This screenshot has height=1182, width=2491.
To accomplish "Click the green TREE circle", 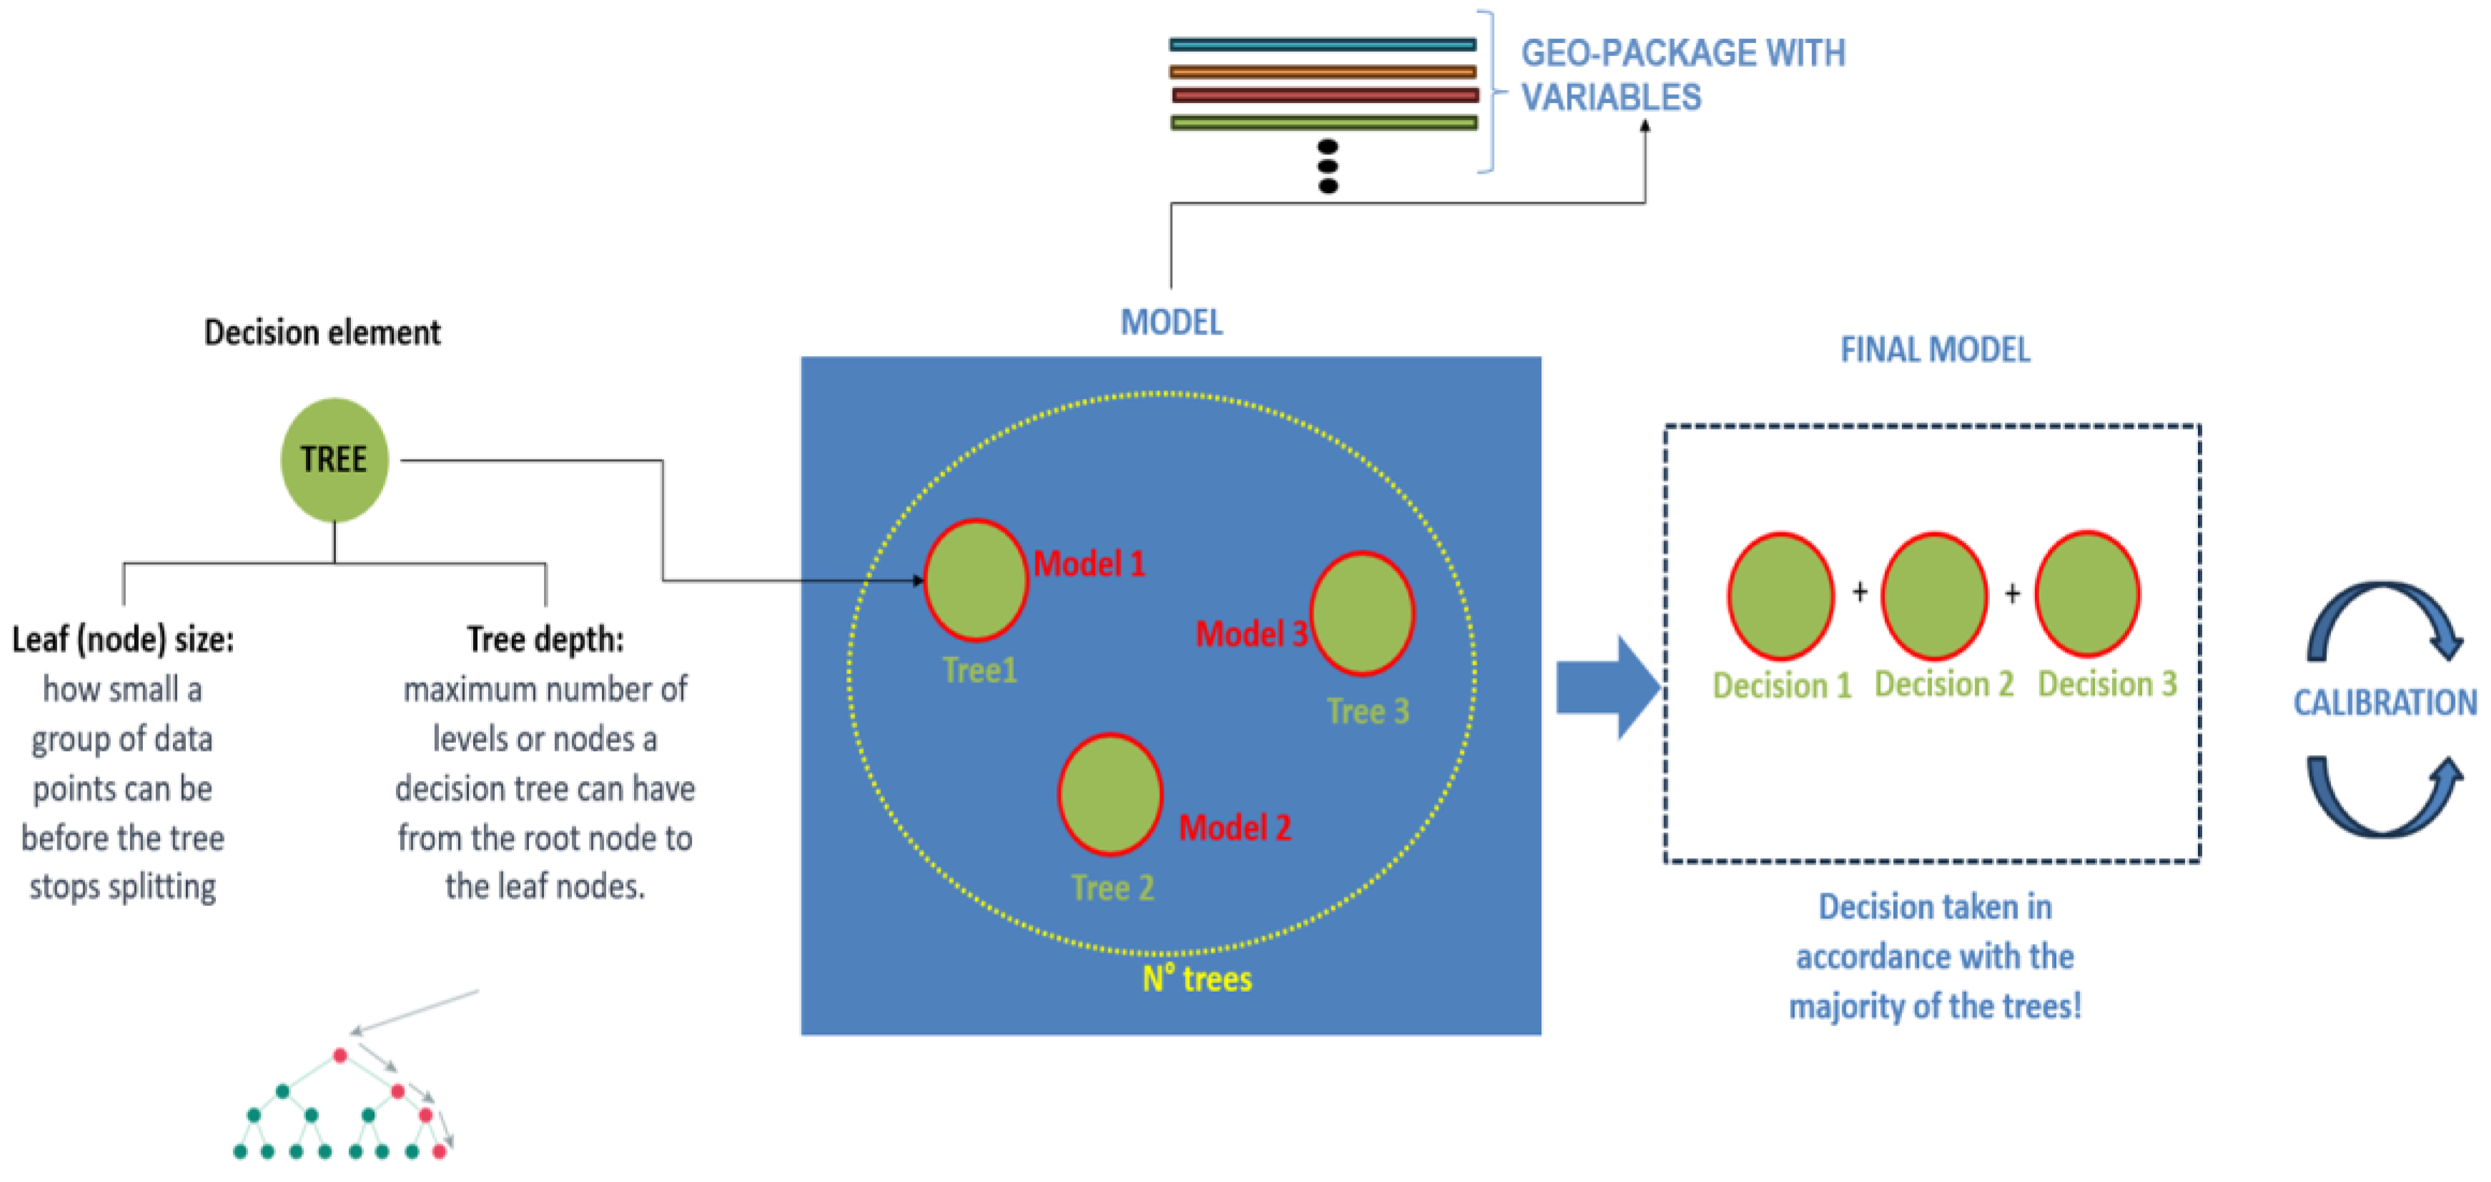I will (x=334, y=460).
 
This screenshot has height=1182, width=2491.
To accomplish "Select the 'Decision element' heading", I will (x=322, y=333).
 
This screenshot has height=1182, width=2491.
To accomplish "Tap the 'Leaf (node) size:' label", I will (x=123, y=639).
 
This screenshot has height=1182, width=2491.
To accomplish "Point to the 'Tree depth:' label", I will (x=545, y=639).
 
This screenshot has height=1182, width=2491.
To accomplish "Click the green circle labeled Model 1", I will (x=976, y=581).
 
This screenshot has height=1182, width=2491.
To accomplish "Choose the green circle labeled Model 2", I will (x=1110, y=794).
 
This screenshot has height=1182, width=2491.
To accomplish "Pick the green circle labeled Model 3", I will (x=1362, y=614).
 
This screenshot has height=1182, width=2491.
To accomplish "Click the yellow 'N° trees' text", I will (x=1197, y=979).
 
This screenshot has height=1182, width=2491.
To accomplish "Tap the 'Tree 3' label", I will (x=1367, y=712).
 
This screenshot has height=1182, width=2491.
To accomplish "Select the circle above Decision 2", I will (x=1934, y=595).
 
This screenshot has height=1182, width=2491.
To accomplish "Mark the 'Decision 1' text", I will (x=1781, y=686).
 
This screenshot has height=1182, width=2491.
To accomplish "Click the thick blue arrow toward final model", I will (x=1606, y=688).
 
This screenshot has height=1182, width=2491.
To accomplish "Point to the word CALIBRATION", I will (x=2384, y=702).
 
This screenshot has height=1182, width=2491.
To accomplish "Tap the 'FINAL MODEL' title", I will (x=1935, y=350).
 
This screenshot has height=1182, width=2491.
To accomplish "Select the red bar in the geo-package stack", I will (x=1324, y=96).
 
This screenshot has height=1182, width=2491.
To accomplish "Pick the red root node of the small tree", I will (x=340, y=1055).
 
